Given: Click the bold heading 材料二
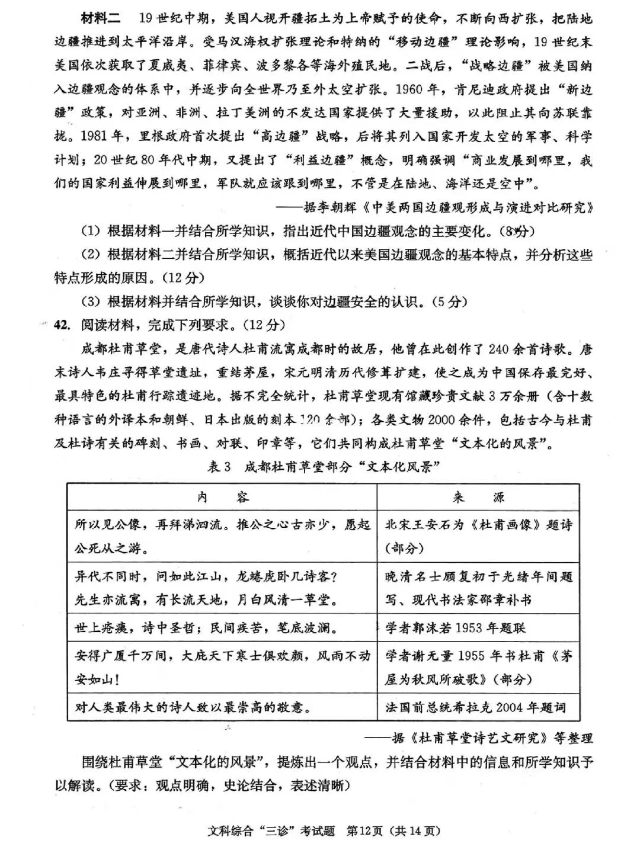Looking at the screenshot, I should (x=100, y=18).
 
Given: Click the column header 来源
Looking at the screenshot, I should (x=478, y=497).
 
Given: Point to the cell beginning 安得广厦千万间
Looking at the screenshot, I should (x=222, y=667).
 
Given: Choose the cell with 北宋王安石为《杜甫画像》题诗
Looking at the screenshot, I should (x=478, y=536).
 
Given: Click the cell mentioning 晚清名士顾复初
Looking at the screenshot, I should (x=478, y=588).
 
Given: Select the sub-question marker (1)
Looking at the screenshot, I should (x=91, y=231).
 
